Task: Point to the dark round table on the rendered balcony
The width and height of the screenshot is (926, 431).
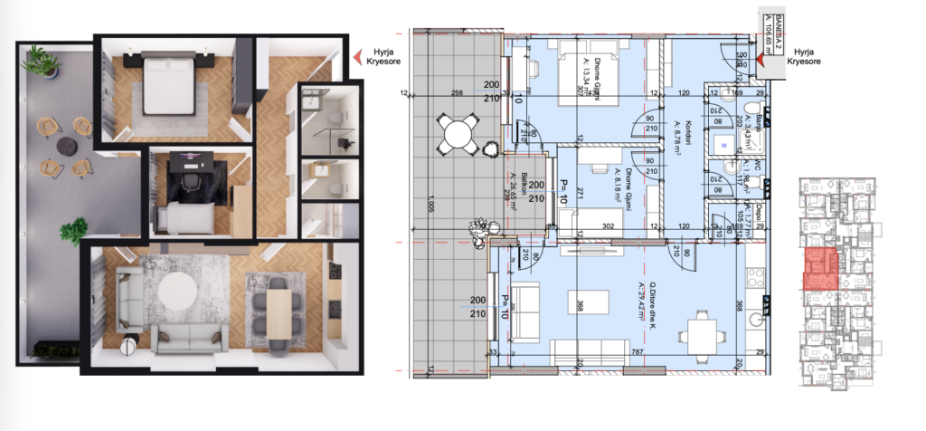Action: tap(66, 146)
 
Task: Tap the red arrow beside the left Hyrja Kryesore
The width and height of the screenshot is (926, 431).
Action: tap(355, 56)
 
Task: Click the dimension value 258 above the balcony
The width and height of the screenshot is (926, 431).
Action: tap(457, 93)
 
